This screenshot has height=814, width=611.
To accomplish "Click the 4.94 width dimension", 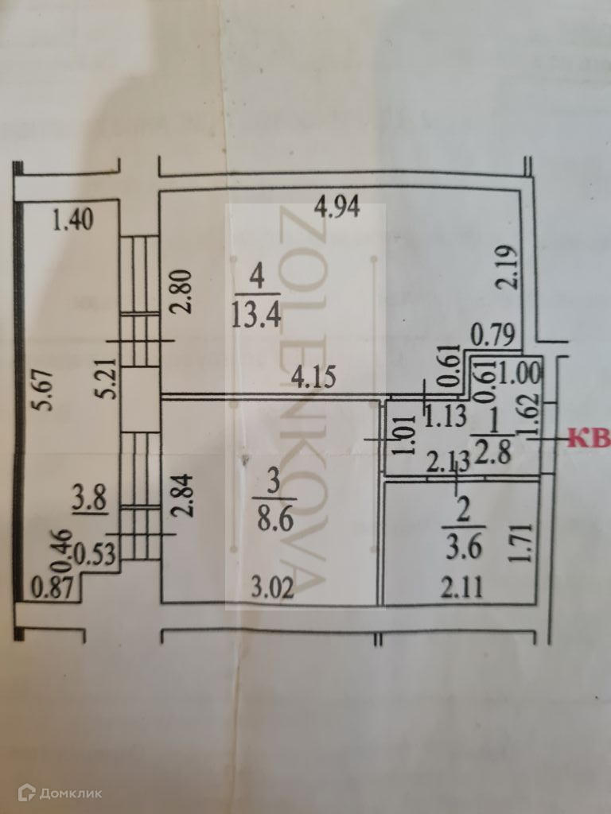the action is [x=337, y=209].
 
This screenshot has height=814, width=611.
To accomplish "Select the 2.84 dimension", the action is [x=183, y=495].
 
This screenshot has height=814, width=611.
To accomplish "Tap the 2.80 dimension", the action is [x=183, y=290].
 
